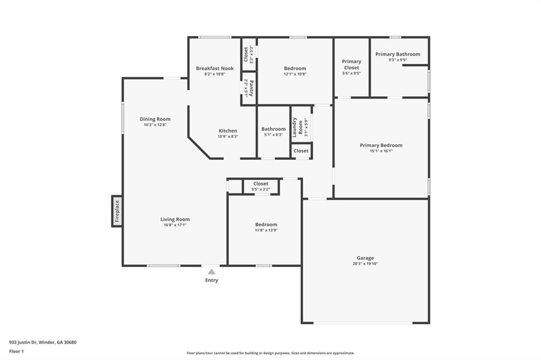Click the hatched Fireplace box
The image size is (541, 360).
pos(117,211)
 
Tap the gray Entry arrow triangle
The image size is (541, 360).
pos(211,272)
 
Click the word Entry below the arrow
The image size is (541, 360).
pos(211,280)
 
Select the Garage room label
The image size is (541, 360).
pos(365,258)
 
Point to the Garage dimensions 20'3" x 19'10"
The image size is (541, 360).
pos(365,264)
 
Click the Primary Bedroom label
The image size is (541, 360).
pos(381,145)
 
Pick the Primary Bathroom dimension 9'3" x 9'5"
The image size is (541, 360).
pos(398,60)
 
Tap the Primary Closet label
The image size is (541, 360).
pos(351,64)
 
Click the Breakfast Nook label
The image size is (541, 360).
pos(214,68)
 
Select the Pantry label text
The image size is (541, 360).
pos(251,88)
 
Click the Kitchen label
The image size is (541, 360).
pos(228,131)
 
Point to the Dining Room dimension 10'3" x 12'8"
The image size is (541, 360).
pos(155,125)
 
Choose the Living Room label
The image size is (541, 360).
pos(175,219)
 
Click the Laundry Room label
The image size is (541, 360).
pos(297,127)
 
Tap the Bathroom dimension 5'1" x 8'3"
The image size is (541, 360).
pos(273,135)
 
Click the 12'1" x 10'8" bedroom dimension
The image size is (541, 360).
pos(295,74)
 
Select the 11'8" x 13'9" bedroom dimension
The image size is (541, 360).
pos(266,230)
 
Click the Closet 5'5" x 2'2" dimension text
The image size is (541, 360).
pos(260,190)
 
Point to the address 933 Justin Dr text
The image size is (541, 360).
pos(23,343)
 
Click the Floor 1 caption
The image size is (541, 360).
pos(16,352)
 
